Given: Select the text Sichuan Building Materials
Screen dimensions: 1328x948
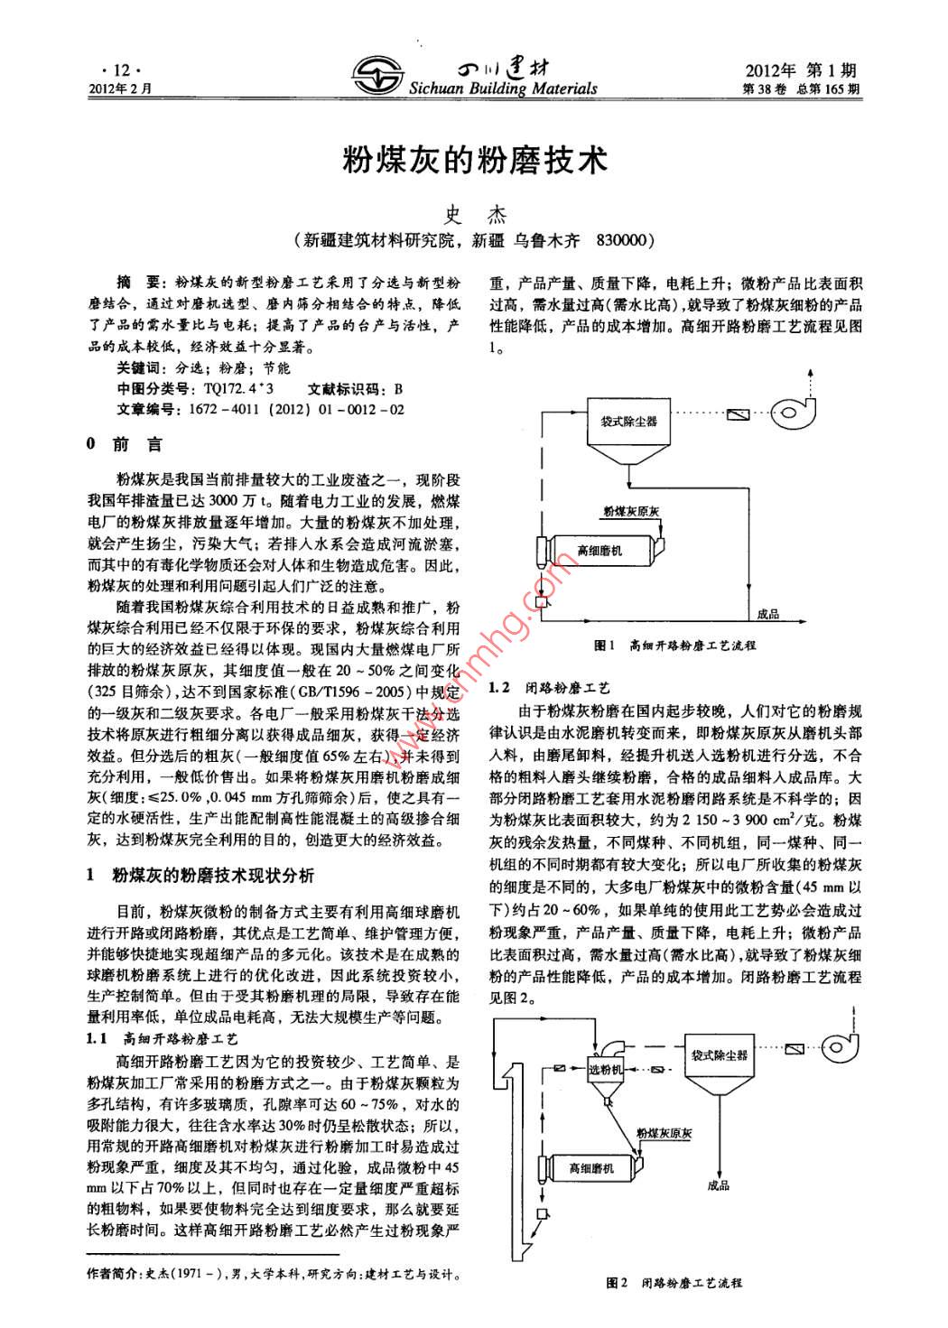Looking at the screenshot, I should [503, 88].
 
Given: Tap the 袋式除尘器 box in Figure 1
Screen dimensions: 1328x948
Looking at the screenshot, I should [628, 421].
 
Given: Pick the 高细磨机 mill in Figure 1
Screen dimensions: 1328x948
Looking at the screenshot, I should [599, 550].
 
